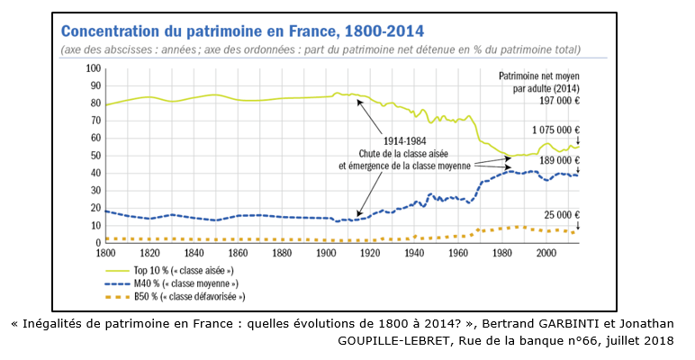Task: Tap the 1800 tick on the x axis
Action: [x=106, y=253]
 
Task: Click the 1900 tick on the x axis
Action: [x=326, y=253]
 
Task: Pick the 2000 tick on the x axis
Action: [x=546, y=253]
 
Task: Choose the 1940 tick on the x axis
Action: [x=414, y=253]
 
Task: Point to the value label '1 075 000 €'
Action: [x=555, y=129]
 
